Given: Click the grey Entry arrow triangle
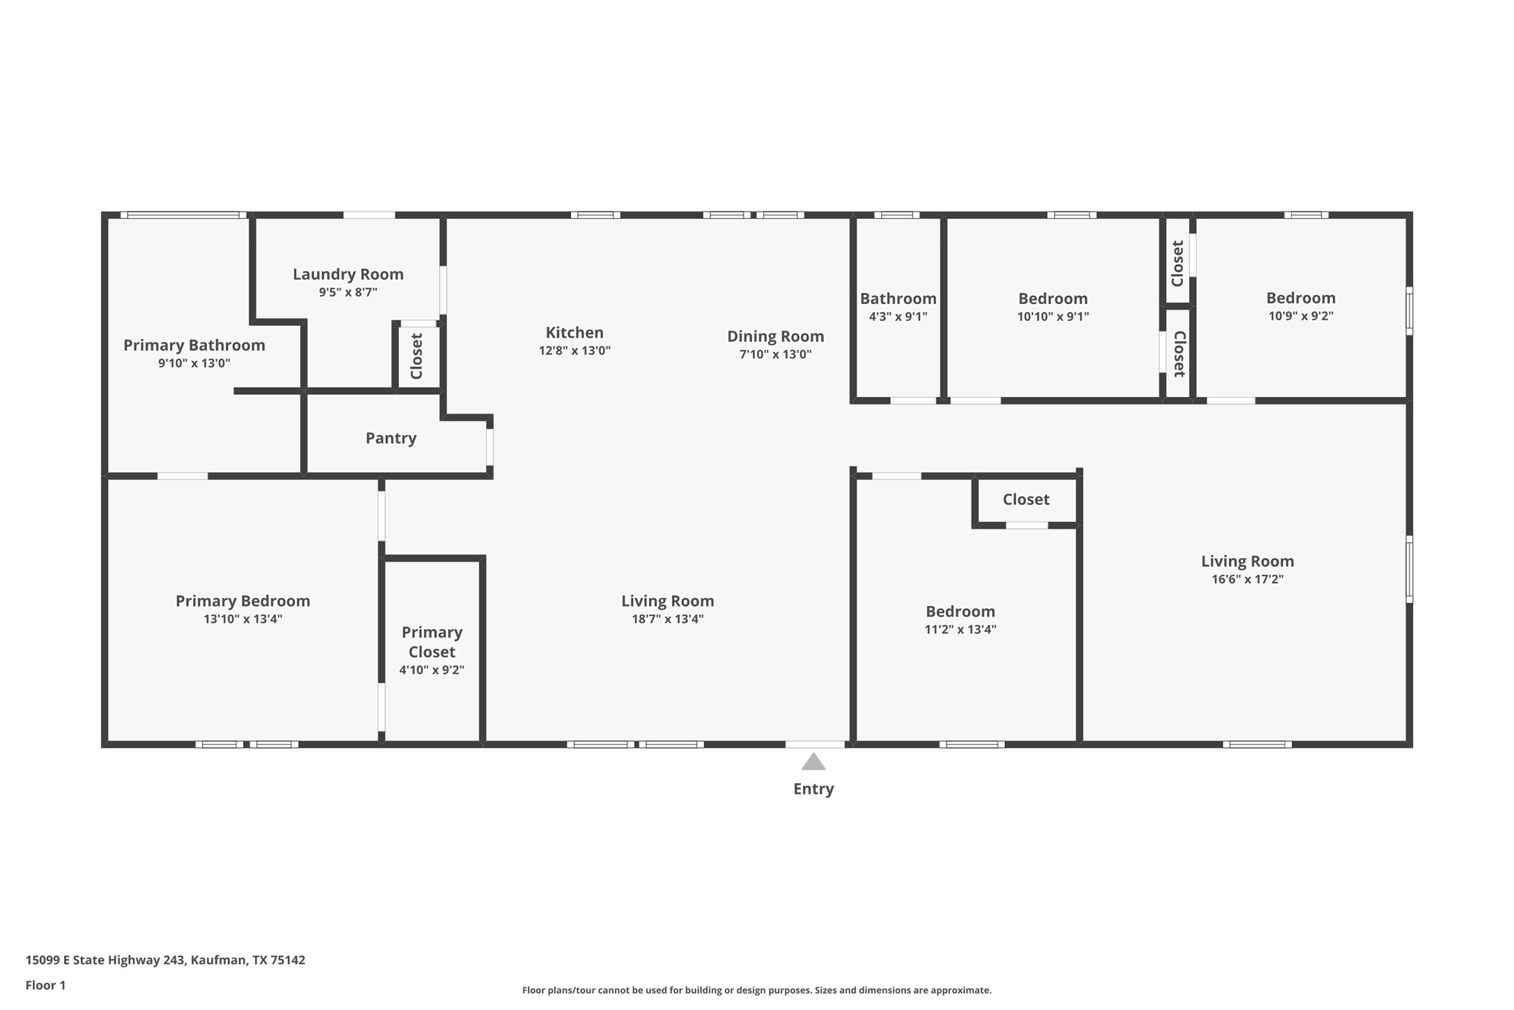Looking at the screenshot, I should (x=813, y=762).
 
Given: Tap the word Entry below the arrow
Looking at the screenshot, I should (x=813, y=789).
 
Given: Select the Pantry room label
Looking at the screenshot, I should (x=390, y=438).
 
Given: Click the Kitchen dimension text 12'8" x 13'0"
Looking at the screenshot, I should (x=574, y=350).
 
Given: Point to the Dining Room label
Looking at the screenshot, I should (x=775, y=336).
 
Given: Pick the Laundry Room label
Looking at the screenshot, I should (x=348, y=274).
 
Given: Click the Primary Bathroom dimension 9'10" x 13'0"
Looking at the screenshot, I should (x=194, y=363).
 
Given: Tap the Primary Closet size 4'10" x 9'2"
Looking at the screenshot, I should (x=431, y=670).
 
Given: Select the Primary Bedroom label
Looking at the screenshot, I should (x=243, y=601).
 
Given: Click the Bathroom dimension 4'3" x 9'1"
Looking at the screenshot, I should (x=898, y=317).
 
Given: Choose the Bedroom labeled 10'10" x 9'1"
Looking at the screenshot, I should (x=1053, y=299).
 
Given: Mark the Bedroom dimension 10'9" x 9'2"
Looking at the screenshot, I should (x=1301, y=316).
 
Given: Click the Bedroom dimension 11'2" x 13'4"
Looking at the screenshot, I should (x=960, y=629).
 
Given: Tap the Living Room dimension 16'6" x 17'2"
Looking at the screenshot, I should (x=1247, y=579).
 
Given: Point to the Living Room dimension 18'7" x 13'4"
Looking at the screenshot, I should (x=667, y=619).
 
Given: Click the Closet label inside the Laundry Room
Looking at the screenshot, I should (x=417, y=356).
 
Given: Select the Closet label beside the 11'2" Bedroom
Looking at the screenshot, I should (x=1025, y=499).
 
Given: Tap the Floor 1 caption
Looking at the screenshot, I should (x=45, y=985).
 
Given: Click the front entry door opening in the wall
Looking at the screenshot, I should (x=815, y=744).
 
